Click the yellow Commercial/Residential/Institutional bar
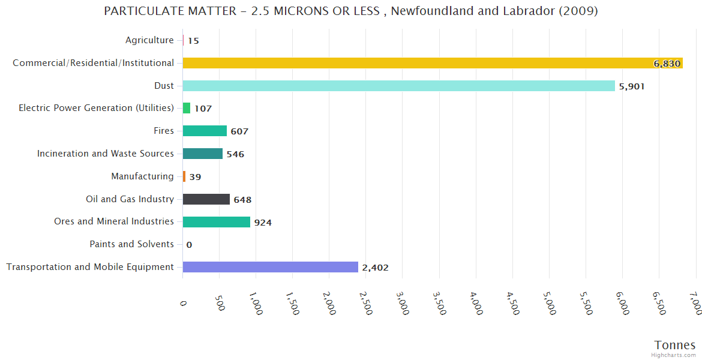(432, 63)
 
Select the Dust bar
(398, 86)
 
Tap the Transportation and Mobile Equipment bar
(270, 267)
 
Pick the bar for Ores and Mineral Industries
(216, 222)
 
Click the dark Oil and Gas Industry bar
(206, 199)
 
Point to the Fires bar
(205, 131)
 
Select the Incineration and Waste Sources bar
(202, 154)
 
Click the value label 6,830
(667, 64)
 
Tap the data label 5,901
(632, 86)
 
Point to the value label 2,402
(375, 268)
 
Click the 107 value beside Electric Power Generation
(203, 109)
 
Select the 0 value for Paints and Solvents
(189, 245)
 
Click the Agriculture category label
(149, 40)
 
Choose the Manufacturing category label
(142, 176)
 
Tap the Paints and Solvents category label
(131, 244)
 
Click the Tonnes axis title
(674, 345)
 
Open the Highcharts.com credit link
(674, 355)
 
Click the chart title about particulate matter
(351, 11)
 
